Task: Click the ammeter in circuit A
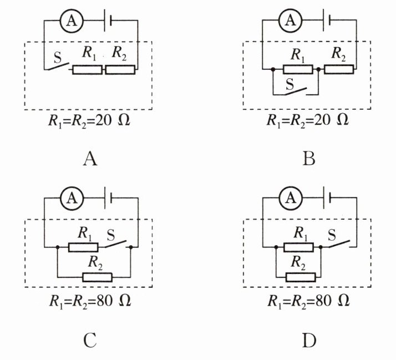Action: click(72, 21)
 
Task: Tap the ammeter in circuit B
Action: click(290, 20)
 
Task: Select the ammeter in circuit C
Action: click(72, 198)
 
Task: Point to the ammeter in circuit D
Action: click(291, 198)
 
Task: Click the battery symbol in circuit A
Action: click(108, 21)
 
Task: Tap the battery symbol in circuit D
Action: click(327, 198)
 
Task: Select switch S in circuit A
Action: click(59, 66)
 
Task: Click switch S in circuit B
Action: click(296, 91)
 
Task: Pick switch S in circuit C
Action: click(115, 244)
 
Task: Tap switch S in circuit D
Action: click(339, 244)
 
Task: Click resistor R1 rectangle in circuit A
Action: click(88, 70)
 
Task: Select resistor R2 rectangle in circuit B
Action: click(339, 69)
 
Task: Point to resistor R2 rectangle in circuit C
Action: click(97, 277)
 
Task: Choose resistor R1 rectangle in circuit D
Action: click(298, 247)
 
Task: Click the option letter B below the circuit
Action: click(309, 159)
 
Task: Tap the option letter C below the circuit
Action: click(90, 341)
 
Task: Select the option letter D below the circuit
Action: click(309, 341)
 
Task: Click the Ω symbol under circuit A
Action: click(124, 120)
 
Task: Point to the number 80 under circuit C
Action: click(104, 301)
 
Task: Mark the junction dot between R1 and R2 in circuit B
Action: click(318, 69)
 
